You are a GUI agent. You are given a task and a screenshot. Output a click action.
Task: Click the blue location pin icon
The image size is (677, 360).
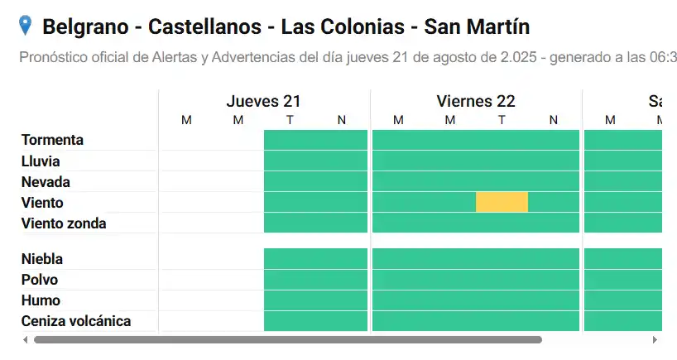click(26, 26)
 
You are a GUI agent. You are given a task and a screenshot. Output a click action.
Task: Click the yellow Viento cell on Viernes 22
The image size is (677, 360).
click(502, 202)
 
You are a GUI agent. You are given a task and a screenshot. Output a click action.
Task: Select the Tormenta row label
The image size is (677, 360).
click(52, 140)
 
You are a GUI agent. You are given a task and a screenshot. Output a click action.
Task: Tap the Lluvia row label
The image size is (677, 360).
click(41, 161)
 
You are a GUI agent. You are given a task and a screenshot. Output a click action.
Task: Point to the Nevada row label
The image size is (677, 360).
click(46, 182)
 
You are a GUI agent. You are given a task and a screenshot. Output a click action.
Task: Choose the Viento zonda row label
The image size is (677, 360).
click(64, 223)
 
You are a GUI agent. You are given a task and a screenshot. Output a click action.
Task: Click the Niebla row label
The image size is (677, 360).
click(42, 259)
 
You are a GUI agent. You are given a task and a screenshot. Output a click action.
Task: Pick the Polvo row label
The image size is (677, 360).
click(40, 280)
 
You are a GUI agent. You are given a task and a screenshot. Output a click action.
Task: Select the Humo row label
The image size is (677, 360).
click(41, 300)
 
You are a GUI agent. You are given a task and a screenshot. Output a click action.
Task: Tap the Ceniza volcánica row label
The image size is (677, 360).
click(76, 321)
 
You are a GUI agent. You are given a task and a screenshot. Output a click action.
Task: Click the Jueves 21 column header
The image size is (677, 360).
click(263, 102)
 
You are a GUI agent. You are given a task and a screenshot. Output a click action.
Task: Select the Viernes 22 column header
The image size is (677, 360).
click(476, 102)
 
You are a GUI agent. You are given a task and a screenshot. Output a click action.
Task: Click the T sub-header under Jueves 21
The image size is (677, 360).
click(290, 121)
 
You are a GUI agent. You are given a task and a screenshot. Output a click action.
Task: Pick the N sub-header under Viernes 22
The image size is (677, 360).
click(553, 121)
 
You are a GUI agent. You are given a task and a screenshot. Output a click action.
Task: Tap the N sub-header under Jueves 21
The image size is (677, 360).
click(341, 121)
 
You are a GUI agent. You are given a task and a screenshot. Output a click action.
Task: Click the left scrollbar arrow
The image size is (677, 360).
click(25, 339)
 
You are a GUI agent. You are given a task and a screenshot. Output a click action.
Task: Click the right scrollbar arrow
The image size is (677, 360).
click(655, 339)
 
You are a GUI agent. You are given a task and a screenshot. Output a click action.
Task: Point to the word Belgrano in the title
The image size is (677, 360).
click(84, 27)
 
